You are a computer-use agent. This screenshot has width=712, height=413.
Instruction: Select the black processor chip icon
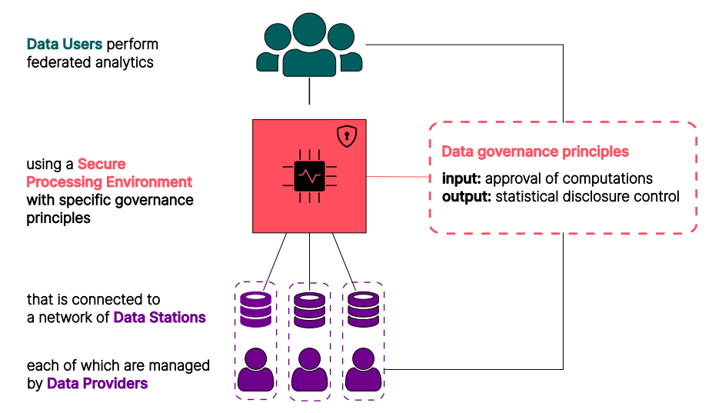coord(309,176)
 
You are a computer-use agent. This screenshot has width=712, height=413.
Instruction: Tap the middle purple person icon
coord(309,370)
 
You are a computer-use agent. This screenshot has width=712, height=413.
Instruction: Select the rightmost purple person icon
coord(363,370)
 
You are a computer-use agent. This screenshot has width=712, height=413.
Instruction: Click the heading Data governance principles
coord(535,152)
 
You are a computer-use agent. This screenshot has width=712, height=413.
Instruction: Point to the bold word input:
coord(461,178)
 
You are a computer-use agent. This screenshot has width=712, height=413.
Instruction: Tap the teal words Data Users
coord(65,44)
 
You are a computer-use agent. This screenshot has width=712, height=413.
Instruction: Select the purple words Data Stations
coord(159,317)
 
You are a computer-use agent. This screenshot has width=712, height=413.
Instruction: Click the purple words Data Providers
coord(97,382)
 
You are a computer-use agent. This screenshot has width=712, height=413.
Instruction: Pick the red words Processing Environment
coord(109,182)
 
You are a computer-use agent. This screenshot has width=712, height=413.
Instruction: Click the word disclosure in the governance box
coord(600,196)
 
